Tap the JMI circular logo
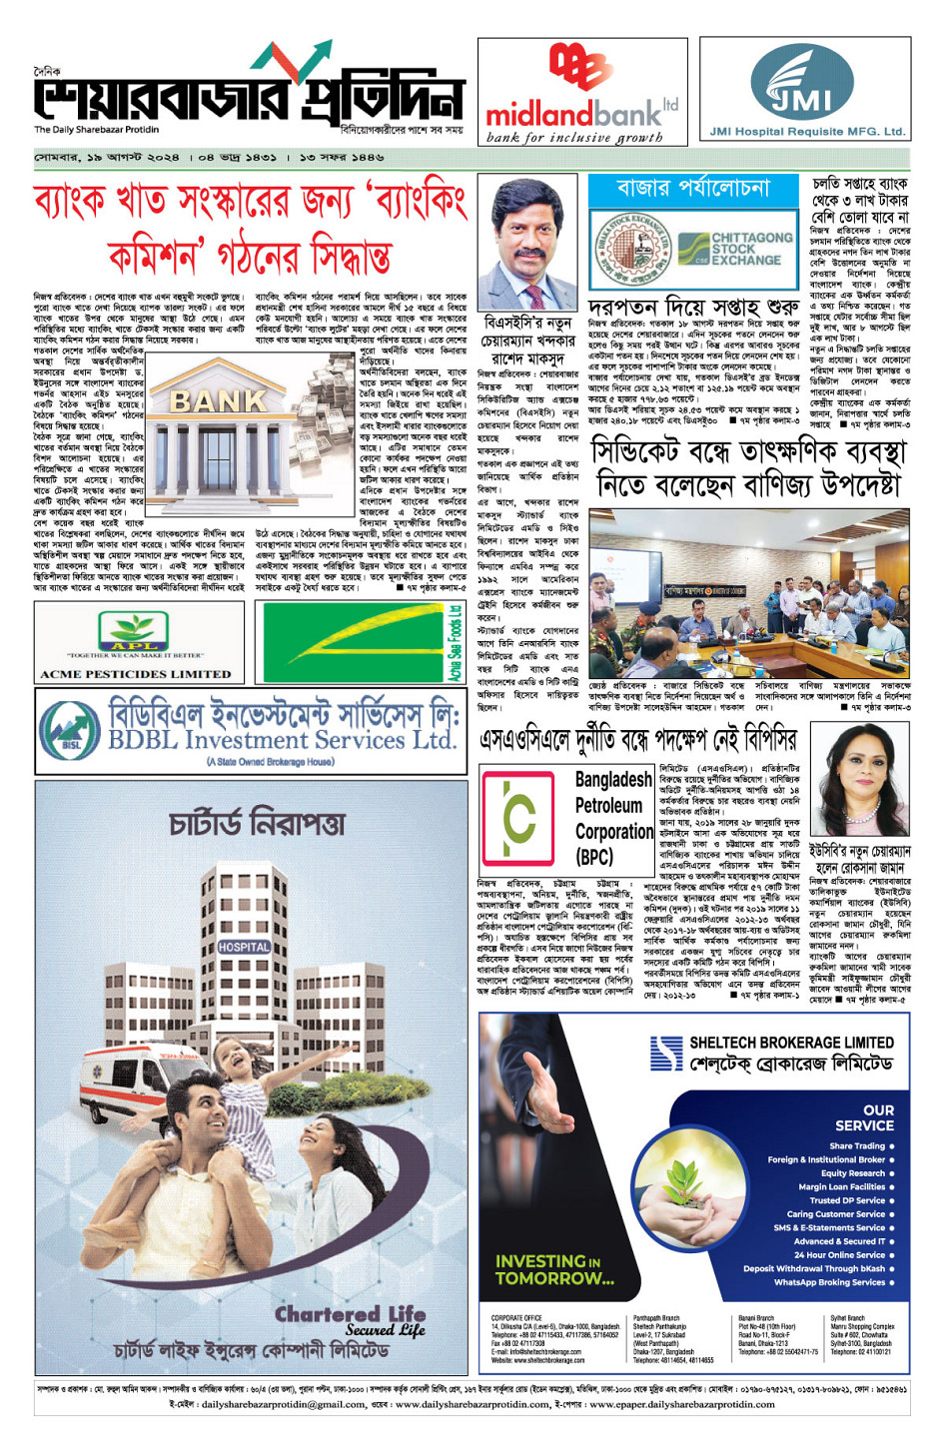pos(803,86)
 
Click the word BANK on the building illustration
pos(218,401)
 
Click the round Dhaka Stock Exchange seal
pos(629,249)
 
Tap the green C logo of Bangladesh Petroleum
pos(519,817)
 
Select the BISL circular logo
pos(69,732)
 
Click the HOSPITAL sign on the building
pos(244,946)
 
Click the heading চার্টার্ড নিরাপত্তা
pos(257,824)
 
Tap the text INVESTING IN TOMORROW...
pos(554,1269)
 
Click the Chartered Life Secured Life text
pos(350,1320)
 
